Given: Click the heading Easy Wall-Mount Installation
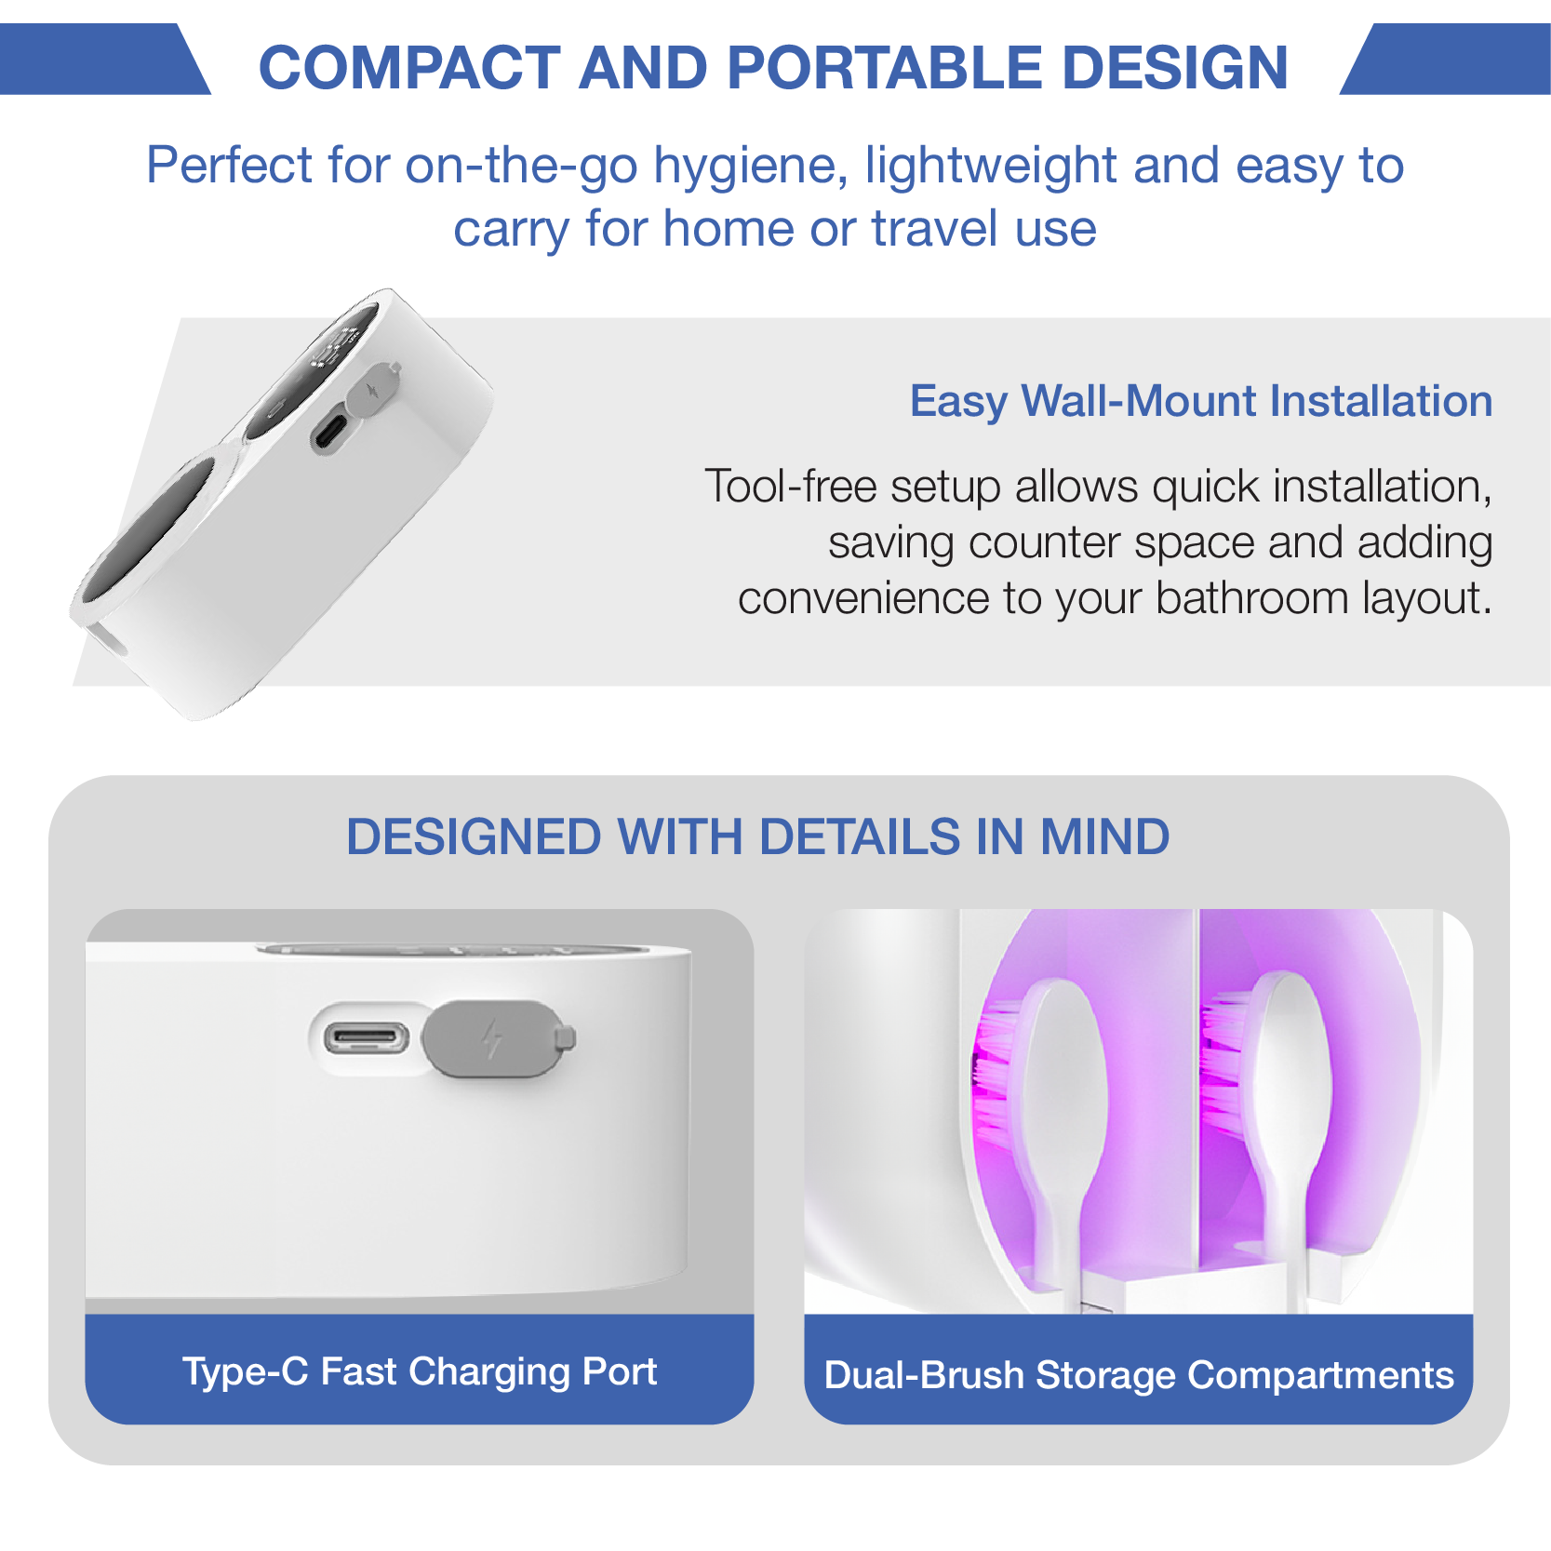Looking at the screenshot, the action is (x=1201, y=401).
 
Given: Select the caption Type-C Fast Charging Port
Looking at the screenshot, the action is (x=420, y=1371).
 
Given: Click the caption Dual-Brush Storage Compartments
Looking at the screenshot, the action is (x=1139, y=1375).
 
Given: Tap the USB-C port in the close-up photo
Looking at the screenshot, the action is (x=366, y=1038).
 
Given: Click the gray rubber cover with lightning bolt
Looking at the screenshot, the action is (x=496, y=1038).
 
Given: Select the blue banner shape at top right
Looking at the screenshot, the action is (x=1447, y=59).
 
